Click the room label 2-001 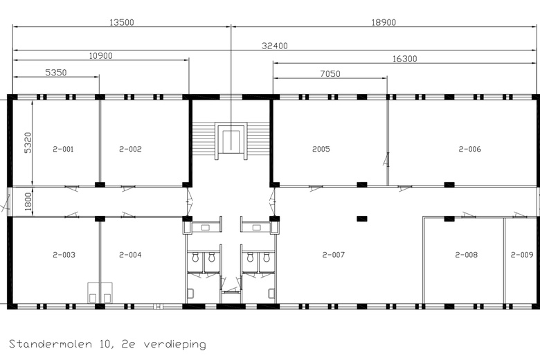[x=63, y=149]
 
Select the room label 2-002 [x=130, y=149]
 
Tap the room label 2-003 [x=63, y=255]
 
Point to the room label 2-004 [x=130, y=255]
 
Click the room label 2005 [x=321, y=149]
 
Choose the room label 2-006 [x=469, y=149]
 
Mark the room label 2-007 [x=333, y=255]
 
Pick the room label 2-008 [x=467, y=255]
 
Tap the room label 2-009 [x=522, y=255]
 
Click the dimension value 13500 [x=122, y=22]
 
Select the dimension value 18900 [x=384, y=22]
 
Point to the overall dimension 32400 [x=275, y=46]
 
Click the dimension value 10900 [x=100, y=55]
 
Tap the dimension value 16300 [x=404, y=60]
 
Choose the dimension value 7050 [x=330, y=73]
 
